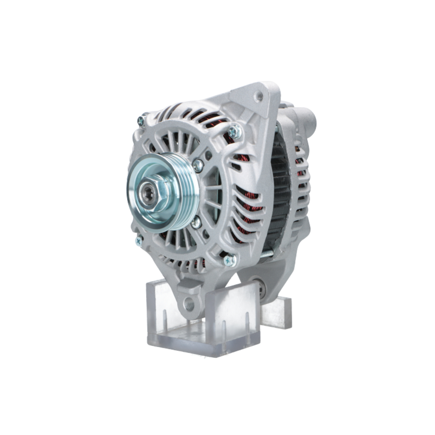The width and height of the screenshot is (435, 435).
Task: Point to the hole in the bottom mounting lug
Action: click(x=189, y=304)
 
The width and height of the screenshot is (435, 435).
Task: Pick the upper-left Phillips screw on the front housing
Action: click(x=141, y=120)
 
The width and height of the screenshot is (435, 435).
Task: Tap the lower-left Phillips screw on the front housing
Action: click(x=138, y=241)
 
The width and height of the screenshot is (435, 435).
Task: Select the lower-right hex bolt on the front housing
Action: click(x=229, y=260)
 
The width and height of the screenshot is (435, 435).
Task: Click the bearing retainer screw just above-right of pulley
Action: click(x=198, y=164)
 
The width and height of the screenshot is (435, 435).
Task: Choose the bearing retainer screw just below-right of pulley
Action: click(x=196, y=222)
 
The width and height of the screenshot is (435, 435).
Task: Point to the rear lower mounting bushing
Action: click(x=261, y=289)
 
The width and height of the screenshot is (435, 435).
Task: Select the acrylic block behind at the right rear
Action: click(x=278, y=311)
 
